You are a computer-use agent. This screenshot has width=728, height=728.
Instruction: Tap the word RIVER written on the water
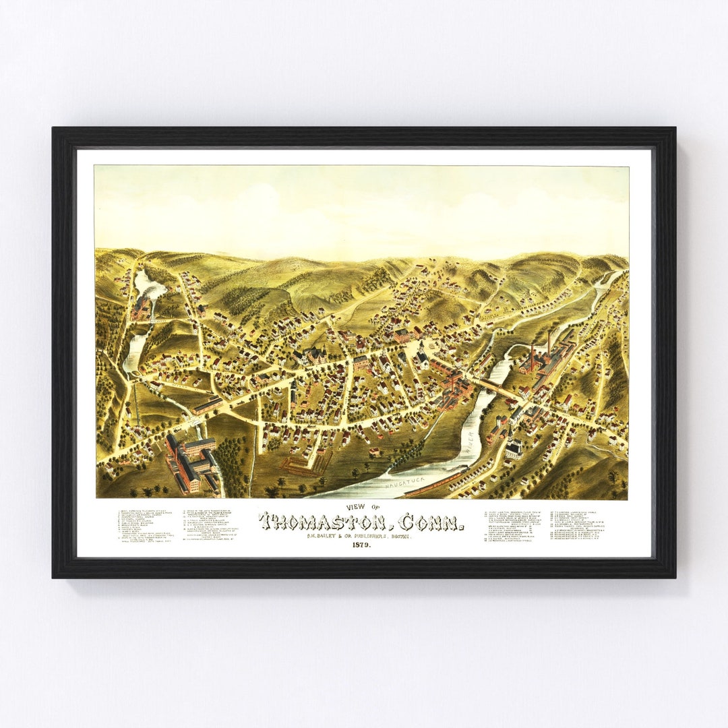(x=468, y=442)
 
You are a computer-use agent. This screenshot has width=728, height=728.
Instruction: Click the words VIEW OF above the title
(x=363, y=508)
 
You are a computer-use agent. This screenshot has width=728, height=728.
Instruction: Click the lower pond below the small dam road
(x=134, y=351)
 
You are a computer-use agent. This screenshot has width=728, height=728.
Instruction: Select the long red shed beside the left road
(x=208, y=404)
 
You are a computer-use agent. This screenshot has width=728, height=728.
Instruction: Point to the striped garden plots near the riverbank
(x=302, y=463)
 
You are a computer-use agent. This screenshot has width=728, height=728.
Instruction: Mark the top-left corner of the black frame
(x=54, y=129)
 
